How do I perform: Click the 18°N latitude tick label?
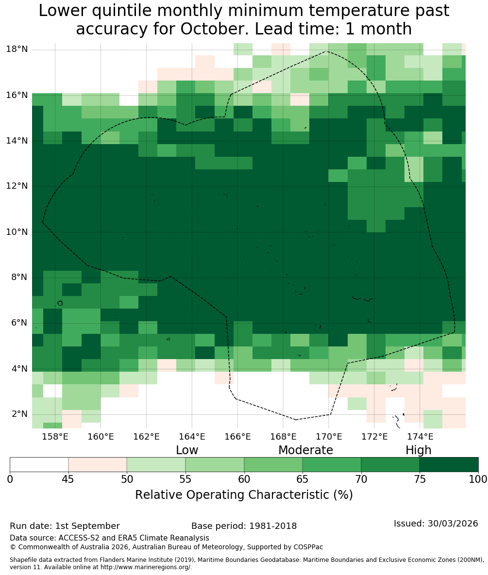pyautogui.click(x=17, y=49)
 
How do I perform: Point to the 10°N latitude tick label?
pyautogui.click(x=17, y=232)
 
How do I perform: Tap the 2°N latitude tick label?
pyautogui.click(x=19, y=414)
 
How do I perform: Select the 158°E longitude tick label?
pyautogui.click(x=55, y=437)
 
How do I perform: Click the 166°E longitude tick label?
pyautogui.click(x=237, y=437)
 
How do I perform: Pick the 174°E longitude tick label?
pyautogui.click(x=420, y=437)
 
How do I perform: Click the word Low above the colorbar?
pyautogui.click(x=187, y=450)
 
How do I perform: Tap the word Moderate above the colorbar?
pyautogui.click(x=305, y=450)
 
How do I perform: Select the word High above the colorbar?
pyautogui.click(x=418, y=450)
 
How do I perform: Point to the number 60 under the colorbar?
pyautogui.click(x=244, y=479)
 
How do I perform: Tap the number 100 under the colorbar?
pyautogui.click(x=478, y=479)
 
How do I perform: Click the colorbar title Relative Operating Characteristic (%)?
pyautogui.click(x=244, y=494)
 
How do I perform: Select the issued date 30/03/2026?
pyautogui.click(x=453, y=523)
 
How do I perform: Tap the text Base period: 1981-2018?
pyautogui.click(x=244, y=526)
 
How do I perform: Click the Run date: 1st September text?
pyautogui.click(x=65, y=526)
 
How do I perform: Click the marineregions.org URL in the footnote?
pyautogui.click(x=146, y=567)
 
